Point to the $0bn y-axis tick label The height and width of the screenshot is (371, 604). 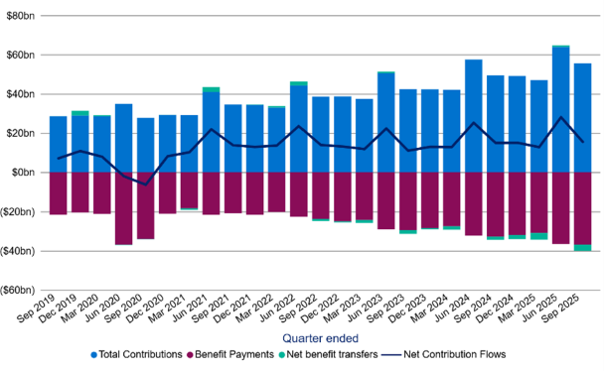click(x=24, y=173)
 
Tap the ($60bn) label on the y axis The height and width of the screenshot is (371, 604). click(x=20, y=290)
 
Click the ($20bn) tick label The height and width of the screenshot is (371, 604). click(x=20, y=211)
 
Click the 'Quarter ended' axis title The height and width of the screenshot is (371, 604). click(x=318, y=337)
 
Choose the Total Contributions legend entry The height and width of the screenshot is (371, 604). click(x=138, y=354)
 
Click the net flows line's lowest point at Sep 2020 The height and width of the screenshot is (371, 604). click(x=145, y=185)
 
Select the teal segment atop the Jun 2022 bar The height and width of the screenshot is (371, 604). click(x=298, y=83)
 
